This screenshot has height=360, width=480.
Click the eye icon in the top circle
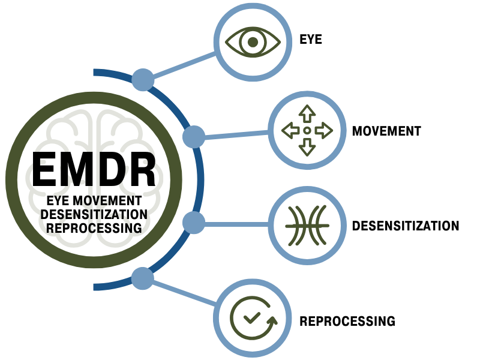coord(253,41)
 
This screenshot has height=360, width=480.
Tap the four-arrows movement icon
coord(307,130)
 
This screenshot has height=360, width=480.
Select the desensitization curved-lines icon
coord(307,226)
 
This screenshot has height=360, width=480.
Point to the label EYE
coord(311,41)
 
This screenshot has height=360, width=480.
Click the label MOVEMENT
coord(386,131)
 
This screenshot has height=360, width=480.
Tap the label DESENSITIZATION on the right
coord(406,226)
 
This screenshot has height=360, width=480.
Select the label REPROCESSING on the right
coord(347,321)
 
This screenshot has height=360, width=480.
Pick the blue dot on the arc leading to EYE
coord(143,79)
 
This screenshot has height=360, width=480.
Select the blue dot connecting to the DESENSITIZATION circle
coord(194,223)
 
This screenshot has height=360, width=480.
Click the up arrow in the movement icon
coord(307,113)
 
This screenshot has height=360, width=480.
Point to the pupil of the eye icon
coord(253,41)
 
